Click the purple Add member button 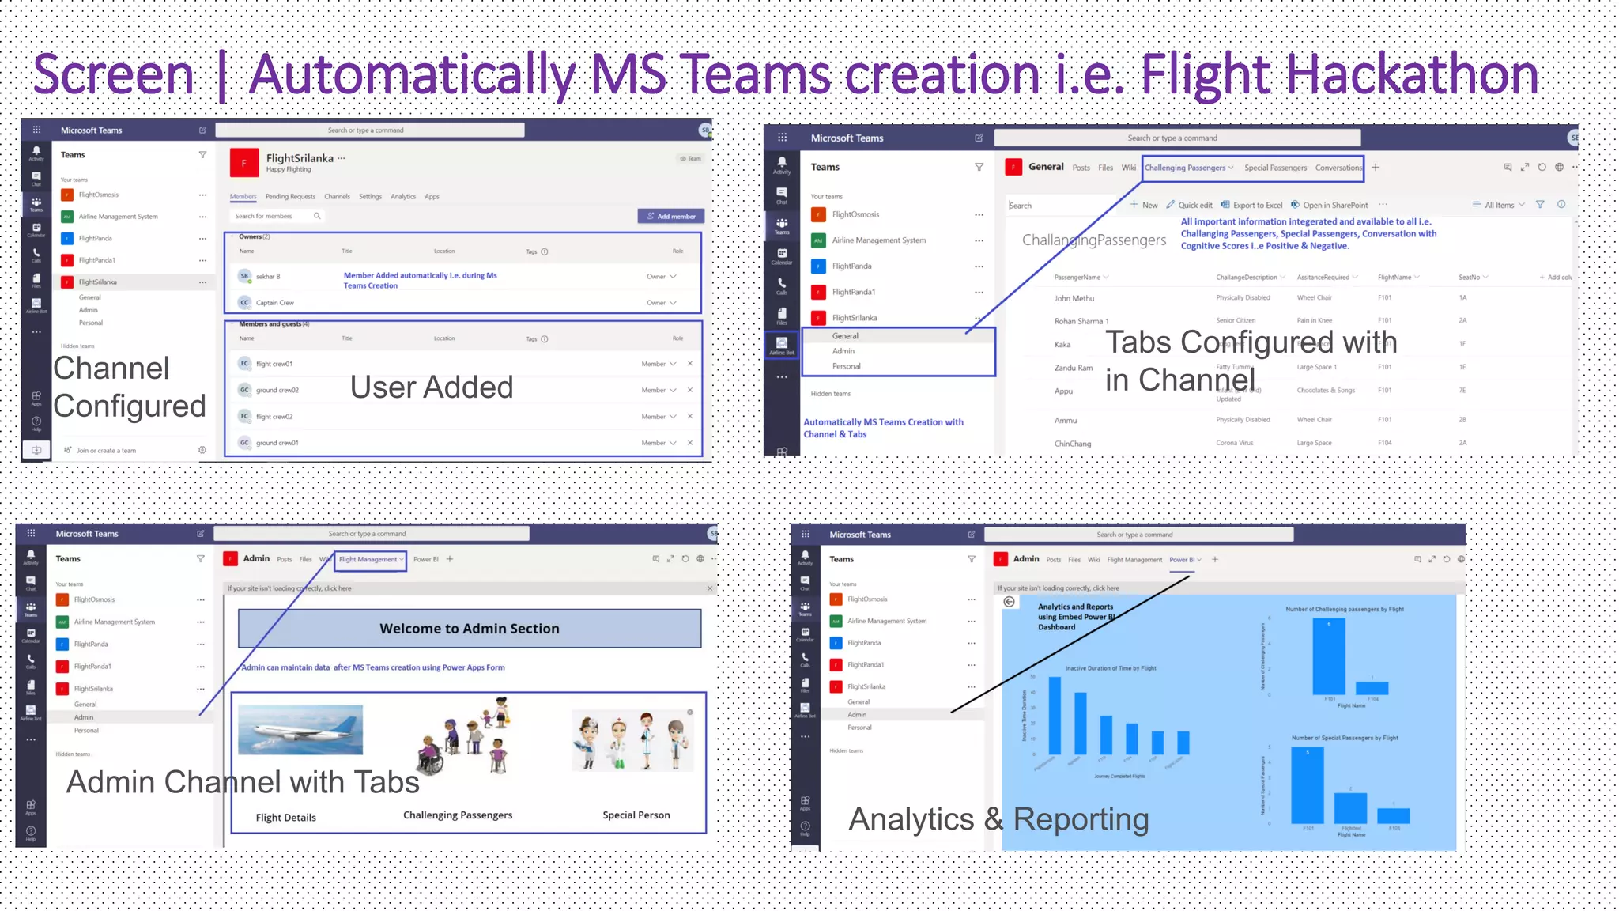click(671, 216)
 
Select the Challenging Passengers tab click(1185, 168)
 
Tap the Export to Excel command click(1252, 205)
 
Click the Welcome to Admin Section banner click(470, 629)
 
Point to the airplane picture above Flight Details click(300, 730)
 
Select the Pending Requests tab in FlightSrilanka click(290, 197)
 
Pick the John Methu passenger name click(1074, 298)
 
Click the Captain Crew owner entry click(274, 303)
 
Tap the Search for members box click(277, 216)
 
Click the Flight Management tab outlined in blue click(368, 559)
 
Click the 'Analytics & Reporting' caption click(998, 819)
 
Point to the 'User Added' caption click(432, 387)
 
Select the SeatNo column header click(1470, 278)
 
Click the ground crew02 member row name click(277, 390)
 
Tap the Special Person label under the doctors click(636, 815)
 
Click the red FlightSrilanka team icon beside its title click(243, 163)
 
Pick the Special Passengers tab click(1275, 168)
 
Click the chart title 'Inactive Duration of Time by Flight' click(1110, 668)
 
